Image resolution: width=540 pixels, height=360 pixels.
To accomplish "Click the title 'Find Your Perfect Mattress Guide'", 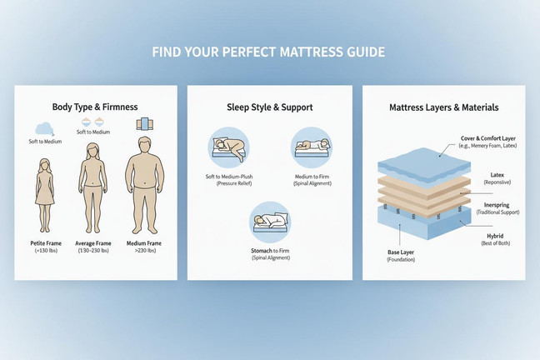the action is click(268, 52).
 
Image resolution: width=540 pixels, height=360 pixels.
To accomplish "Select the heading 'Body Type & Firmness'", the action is click(95, 107).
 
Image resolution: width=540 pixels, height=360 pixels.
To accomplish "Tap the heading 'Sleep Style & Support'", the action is click(270, 107).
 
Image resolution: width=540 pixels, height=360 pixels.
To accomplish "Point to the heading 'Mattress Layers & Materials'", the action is click(444, 107).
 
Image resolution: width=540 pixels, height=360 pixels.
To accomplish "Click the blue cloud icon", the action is click(44, 129).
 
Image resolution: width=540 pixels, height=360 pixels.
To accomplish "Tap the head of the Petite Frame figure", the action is click(44, 165).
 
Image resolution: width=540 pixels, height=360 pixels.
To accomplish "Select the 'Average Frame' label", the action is click(93, 243).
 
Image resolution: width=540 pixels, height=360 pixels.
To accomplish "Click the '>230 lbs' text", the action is click(145, 251).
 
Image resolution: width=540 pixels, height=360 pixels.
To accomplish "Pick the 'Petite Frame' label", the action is click(46, 243).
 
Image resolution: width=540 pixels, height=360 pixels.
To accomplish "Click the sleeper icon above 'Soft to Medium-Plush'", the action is click(228, 147).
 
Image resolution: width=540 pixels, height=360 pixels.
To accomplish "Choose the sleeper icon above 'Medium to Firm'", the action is click(312, 147).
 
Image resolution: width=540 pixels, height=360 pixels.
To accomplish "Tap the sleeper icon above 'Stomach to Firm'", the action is click(270, 222).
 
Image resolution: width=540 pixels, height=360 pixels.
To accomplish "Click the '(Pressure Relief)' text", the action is click(234, 183).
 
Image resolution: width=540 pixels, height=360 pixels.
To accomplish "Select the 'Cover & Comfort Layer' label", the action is click(488, 138).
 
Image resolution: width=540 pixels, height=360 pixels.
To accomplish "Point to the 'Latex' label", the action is click(497, 175).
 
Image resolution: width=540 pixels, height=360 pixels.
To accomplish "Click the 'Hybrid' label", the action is click(495, 236).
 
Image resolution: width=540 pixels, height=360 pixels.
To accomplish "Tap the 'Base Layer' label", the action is click(401, 252).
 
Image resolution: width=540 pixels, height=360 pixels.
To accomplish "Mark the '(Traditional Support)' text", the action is click(498, 212).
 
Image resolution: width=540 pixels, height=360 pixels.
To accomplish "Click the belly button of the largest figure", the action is click(145, 182).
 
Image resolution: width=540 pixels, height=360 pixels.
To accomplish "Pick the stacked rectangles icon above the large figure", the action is click(145, 123).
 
